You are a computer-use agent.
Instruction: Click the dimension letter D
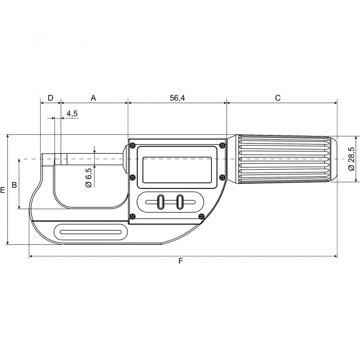click(50, 98)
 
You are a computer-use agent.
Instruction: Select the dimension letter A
click(93, 98)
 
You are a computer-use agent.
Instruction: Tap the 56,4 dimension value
click(177, 98)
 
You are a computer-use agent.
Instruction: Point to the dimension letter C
click(278, 98)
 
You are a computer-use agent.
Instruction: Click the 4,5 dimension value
click(72, 113)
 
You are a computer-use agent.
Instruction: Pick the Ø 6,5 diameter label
click(89, 178)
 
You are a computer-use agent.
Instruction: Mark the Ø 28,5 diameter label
click(351, 159)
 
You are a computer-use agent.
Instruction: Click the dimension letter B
click(14, 185)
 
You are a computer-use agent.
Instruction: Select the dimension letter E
click(3, 190)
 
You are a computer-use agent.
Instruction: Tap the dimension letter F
click(181, 261)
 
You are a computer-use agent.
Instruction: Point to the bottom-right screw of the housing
click(201, 216)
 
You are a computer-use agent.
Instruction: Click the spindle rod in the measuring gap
click(94, 159)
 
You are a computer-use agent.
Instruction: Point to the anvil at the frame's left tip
click(48, 160)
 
